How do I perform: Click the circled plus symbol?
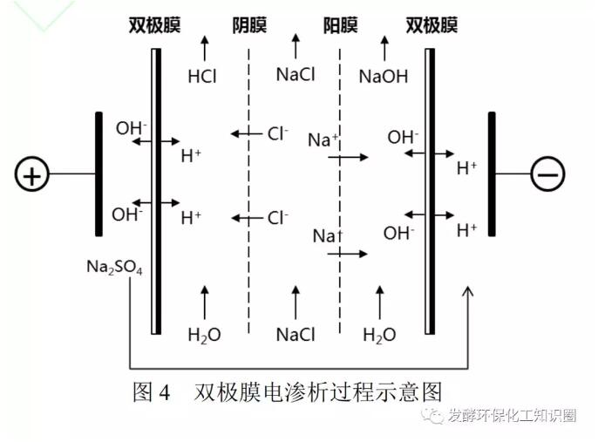click(x=32, y=175)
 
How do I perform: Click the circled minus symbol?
click(x=548, y=175)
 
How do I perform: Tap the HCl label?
click(x=202, y=76)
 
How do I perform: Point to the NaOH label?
click(x=383, y=76)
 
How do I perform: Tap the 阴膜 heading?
click(x=250, y=25)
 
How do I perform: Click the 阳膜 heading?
click(x=340, y=25)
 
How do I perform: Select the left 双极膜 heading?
click(x=153, y=25)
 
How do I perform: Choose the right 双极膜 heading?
click(x=432, y=25)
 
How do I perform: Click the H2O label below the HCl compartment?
click(x=204, y=335)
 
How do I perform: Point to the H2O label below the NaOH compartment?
click(x=379, y=335)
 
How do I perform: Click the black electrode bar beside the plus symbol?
click(x=99, y=174)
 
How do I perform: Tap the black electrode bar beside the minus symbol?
click(x=493, y=174)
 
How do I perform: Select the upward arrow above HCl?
click(x=205, y=47)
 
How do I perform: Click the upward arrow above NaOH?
click(x=384, y=47)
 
